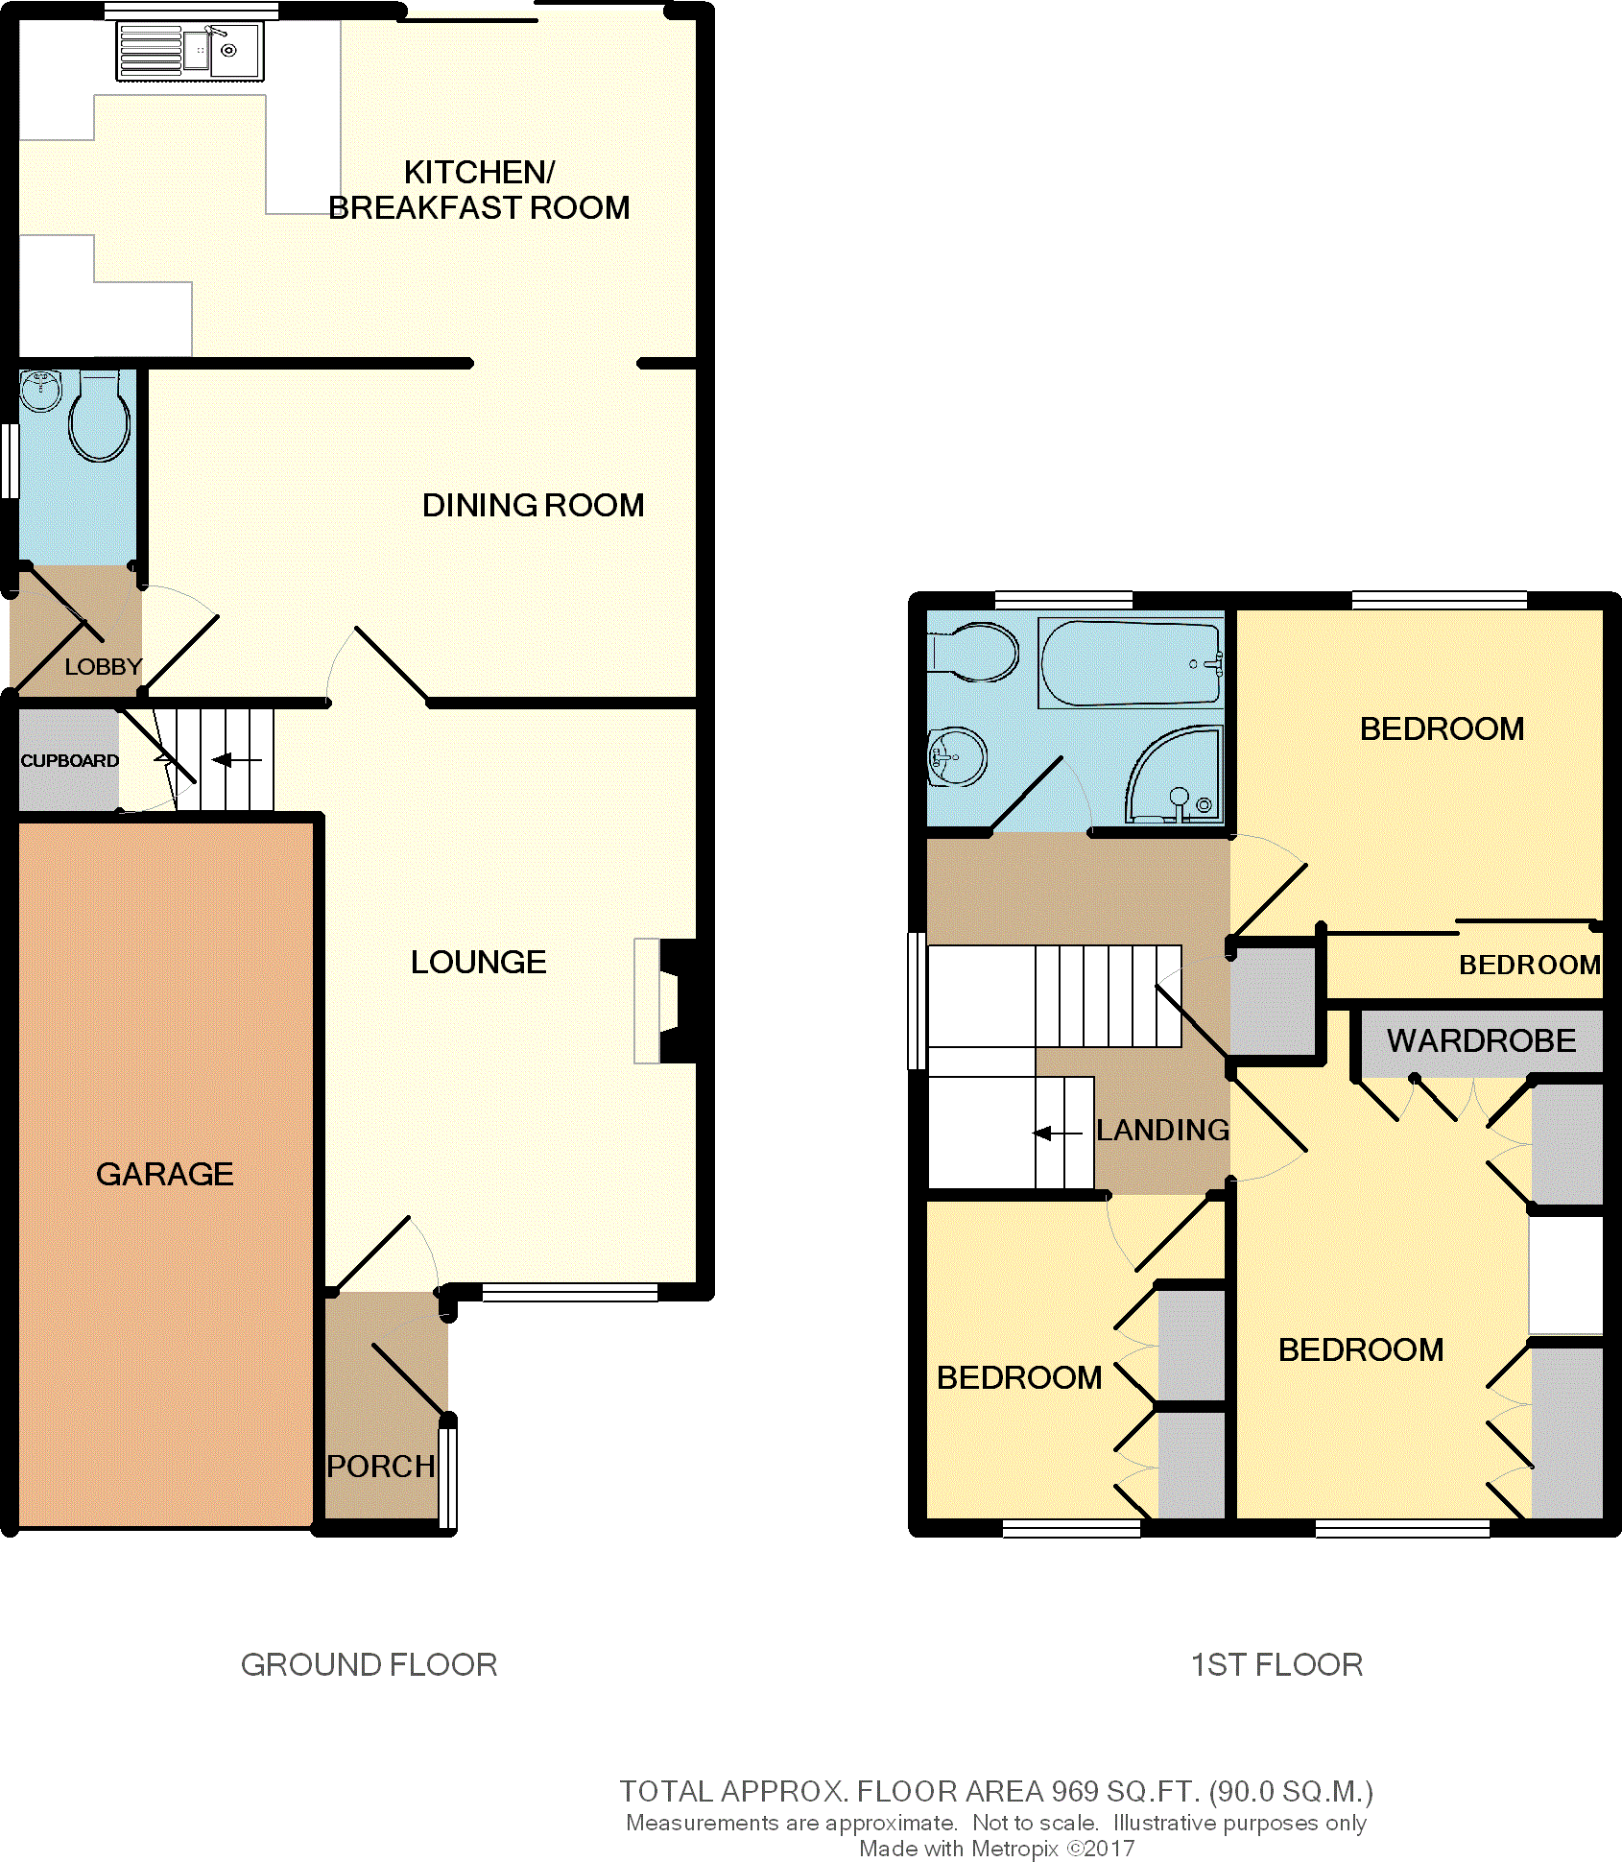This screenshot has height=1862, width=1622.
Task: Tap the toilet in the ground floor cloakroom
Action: click(x=99, y=418)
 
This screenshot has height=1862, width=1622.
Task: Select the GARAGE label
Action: click(x=165, y=1174)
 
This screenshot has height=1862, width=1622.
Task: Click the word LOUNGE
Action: click(x=478, y=962)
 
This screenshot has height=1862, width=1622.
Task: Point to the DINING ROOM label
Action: click(x=533, y=505)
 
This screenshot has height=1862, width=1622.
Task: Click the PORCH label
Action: click(x=381, y=1467)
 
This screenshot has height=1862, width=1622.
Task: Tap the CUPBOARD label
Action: click(x=70, y=760)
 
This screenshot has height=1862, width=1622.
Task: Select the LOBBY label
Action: click(x=103, y=666)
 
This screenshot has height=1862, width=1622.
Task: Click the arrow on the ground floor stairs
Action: click(x=236, y=760)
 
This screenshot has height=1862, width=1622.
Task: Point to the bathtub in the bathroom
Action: click(x=1132, y=662)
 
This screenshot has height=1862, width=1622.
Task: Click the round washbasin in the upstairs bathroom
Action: click(x=957, y=756)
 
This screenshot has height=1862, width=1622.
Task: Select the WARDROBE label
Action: click(x=1481, y=1040)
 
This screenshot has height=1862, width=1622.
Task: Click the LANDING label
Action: click(x=1162, y=1130)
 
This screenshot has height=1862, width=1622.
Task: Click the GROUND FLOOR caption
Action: click(x=369, y=1664)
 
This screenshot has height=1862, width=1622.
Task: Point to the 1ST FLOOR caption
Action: click(x=1276, y=1664)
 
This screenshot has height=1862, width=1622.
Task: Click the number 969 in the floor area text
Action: click(x=1074, y=1791)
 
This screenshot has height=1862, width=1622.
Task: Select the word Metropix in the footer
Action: click(x=1014, y=1849)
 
